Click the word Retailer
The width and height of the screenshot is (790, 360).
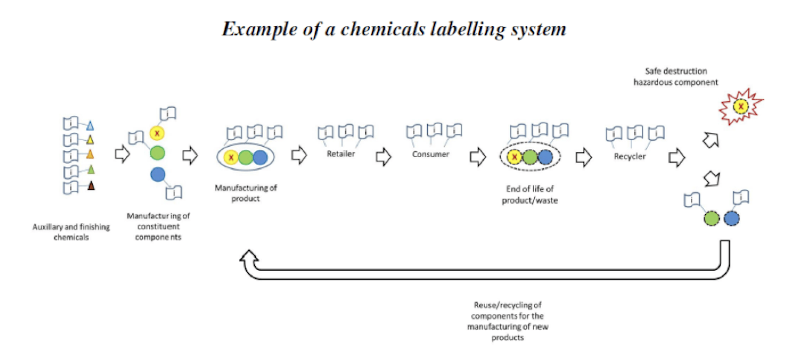tap(341, 154)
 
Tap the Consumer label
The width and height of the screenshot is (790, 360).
tap(431, 154)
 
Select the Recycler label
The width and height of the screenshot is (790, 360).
tap(629, 156)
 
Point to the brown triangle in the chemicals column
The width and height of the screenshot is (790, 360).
tap(91, 186)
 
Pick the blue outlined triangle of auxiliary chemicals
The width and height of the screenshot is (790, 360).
tap(90, 125)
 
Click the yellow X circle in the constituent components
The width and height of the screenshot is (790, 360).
tap(157, 133)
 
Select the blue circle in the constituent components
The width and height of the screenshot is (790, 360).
tap(158, 175)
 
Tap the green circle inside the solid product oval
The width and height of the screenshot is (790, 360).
tap(246, 158)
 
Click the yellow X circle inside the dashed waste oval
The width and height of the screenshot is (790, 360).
tap(514, 157)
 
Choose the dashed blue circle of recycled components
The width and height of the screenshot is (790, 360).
tap(732, 218)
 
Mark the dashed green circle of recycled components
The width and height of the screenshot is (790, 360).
tap(712, 218)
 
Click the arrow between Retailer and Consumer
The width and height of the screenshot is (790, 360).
tap(383, 157)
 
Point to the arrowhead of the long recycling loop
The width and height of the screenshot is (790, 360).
tap(249, 257)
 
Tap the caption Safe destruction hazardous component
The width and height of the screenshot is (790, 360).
tap(676, 77)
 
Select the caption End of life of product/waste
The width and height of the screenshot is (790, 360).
tap(530, 194)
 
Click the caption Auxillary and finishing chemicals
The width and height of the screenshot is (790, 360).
tap(71, 232)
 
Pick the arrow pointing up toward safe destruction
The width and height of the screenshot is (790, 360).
tap(710, 140)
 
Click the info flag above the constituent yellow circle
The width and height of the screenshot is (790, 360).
tap(169, 114)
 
